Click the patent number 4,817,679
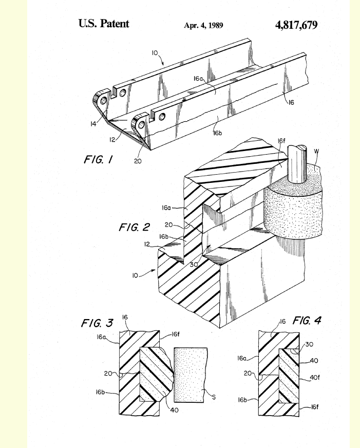click(296, 25)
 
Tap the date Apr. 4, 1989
click(203, 25)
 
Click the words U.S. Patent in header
click(104, 24)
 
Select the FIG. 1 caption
click(98, 159)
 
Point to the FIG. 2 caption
click(134, 227)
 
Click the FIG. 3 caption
click(97, 323)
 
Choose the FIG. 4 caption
click(307, 320)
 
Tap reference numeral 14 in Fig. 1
click(93, 124)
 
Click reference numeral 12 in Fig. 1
click(112, 139)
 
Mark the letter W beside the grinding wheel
click(316, 151)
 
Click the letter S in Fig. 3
click(214, 397)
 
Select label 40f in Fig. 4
click(315, 378)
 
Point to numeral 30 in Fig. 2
click(194, 265)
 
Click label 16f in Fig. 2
click(281, 141)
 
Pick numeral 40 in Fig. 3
click(174, 410)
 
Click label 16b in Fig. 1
click(218, 133)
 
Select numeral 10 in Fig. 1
click(155, 53)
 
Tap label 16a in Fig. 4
click(241, 358)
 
